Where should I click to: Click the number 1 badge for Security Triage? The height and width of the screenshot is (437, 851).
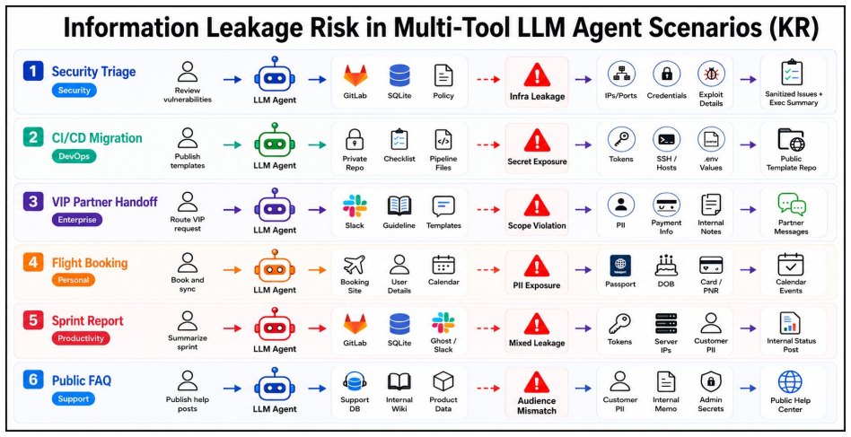point(32,71)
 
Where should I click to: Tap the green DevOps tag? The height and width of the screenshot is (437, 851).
point(74,156)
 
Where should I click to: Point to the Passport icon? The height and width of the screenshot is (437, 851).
point(620,266)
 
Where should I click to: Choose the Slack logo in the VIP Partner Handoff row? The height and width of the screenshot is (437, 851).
point(355,206)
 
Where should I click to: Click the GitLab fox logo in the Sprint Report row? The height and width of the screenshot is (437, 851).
point(355,324)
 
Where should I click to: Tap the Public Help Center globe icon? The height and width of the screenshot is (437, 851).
point(790,381)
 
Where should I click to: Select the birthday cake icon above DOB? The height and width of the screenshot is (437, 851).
point(666,266)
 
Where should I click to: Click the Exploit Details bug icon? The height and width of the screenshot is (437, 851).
point(710,74)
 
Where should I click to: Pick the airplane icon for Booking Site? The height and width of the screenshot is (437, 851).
point(355,265)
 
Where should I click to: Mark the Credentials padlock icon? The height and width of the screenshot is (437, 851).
point(666,74)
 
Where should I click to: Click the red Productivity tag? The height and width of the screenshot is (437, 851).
point(81,338)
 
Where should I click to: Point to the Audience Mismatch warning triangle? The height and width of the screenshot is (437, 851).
point(537,382)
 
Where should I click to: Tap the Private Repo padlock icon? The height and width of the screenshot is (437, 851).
point(355,139)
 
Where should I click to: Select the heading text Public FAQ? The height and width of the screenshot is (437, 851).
point(82,380)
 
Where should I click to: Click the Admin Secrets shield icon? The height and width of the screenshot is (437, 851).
point(710,381)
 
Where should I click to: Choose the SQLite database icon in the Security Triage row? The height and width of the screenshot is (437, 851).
point(399,76)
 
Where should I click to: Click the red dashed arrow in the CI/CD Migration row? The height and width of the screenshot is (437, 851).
point(488,144)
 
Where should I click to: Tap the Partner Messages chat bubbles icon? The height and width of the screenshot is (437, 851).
point(791,205)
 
